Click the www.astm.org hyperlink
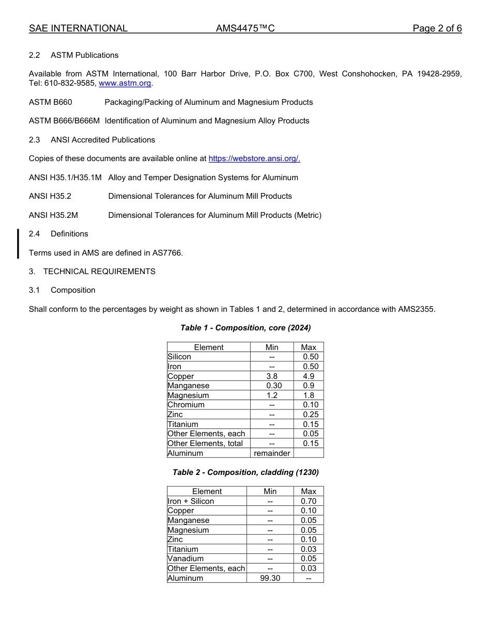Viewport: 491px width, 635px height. coord(125,83)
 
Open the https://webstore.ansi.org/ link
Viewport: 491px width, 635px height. coord(254,158)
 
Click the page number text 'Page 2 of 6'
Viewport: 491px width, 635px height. coord(437,28)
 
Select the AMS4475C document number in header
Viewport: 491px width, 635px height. coord(245,28)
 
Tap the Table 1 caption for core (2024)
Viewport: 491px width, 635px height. coord(245,328)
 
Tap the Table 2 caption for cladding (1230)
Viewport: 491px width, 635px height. coord(245,472)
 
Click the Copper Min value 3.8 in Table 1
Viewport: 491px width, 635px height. coord(272,376)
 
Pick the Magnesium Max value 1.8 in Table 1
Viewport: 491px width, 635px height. coord(309,395)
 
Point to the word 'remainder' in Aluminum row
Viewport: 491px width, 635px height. coord(272,453)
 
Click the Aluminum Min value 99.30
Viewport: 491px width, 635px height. coord(270,578)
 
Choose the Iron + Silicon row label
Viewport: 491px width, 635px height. coord(191,501)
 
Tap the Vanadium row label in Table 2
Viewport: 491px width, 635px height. coord(186,559)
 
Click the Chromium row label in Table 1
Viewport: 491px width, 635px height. coord(186,405)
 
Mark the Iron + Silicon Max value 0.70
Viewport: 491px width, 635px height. coord(309,501)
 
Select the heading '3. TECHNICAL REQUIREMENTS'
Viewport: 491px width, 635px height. coord(92,272)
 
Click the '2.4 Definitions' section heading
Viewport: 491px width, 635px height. coord(58,234)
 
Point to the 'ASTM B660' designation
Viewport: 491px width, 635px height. coord(51,102)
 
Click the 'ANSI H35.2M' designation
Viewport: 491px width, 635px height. coord(53,215)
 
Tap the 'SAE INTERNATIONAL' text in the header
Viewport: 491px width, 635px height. coord(78,28)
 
